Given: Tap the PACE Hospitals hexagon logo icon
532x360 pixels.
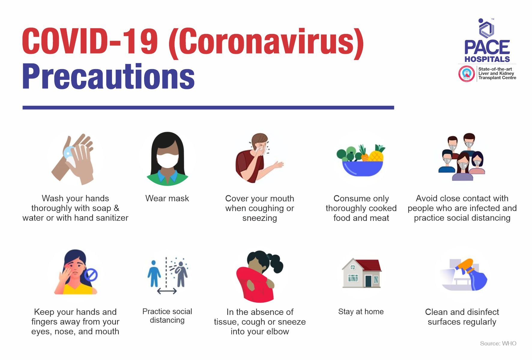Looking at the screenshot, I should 486,29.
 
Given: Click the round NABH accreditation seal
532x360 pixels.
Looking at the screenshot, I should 466,74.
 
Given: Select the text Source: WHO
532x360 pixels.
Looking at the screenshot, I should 498,343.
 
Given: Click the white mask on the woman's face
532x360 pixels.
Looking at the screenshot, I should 167,161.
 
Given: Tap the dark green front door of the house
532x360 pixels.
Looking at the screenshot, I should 368,281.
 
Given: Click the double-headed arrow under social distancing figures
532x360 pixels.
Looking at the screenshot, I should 167,291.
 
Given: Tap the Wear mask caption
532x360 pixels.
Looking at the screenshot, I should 167,198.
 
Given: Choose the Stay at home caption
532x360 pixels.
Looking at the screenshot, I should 361,312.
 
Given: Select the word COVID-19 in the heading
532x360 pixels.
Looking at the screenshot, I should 90,41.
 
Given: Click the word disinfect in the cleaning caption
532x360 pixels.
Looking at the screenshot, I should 483,312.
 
